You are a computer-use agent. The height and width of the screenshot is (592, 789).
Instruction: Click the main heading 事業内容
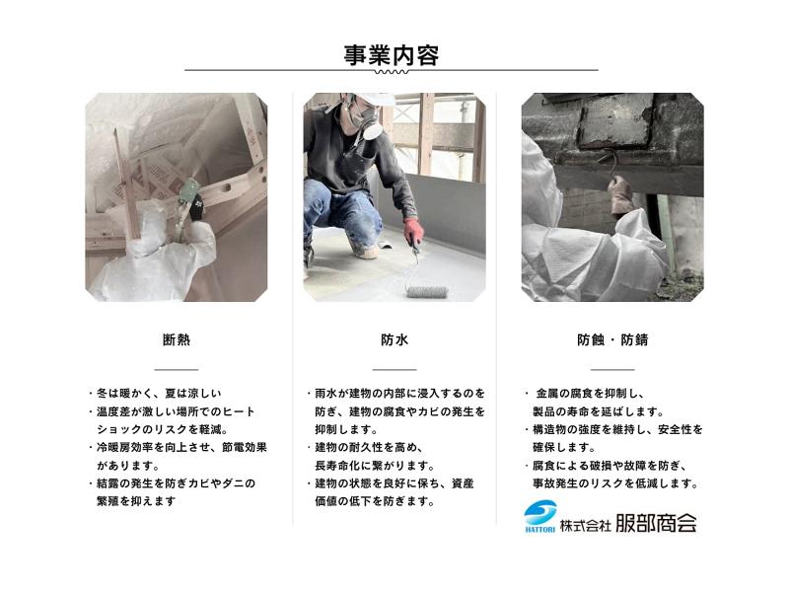pos(391,55)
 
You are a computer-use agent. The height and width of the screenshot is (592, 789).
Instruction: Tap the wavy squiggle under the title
pos(392,72)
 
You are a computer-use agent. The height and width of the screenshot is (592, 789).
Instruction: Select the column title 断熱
pos(177,339)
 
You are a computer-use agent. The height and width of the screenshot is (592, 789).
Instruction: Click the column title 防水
pos(394,339)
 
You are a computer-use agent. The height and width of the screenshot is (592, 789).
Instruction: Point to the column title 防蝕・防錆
pos(612,339)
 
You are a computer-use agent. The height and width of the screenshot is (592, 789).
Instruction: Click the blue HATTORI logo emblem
pos(539,515)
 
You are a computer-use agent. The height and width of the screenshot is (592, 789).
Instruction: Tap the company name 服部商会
pos(656,524)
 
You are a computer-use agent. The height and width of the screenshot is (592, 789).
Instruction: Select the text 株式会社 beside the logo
pos(585,526)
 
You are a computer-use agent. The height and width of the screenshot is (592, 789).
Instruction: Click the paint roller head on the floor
pos(427,291)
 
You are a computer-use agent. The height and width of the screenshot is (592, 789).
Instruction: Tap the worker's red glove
pos(413,231)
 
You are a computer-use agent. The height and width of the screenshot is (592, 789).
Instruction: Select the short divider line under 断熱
pos(177,369)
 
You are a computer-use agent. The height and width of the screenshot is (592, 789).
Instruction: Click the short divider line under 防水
pos(394,369)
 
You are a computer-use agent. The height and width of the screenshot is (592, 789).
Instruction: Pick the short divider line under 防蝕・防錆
pos(612,369)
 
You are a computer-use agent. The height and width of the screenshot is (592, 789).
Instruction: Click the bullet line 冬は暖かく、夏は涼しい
pos(159,393)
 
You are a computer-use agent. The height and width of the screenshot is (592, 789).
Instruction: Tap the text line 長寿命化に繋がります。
pos(375,466)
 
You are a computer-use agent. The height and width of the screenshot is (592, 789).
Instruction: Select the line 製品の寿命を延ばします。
pos(599,411)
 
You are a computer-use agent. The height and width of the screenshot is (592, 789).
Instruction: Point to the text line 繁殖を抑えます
pos(136,501)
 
